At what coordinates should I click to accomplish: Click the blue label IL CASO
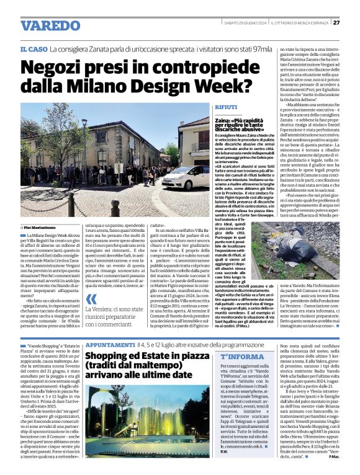34,48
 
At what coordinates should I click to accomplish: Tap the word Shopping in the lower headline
110,356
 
